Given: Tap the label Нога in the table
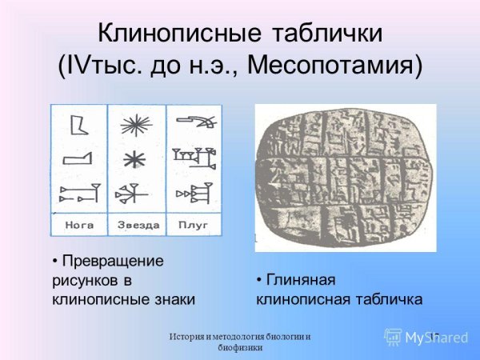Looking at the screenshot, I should tap(79, 225).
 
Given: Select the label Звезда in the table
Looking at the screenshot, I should tap(136, 225).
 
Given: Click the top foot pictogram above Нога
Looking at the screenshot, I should tap(79, 126).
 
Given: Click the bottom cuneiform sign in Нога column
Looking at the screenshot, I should tap(80, 193).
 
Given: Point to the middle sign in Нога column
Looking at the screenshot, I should tap(78, 159).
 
